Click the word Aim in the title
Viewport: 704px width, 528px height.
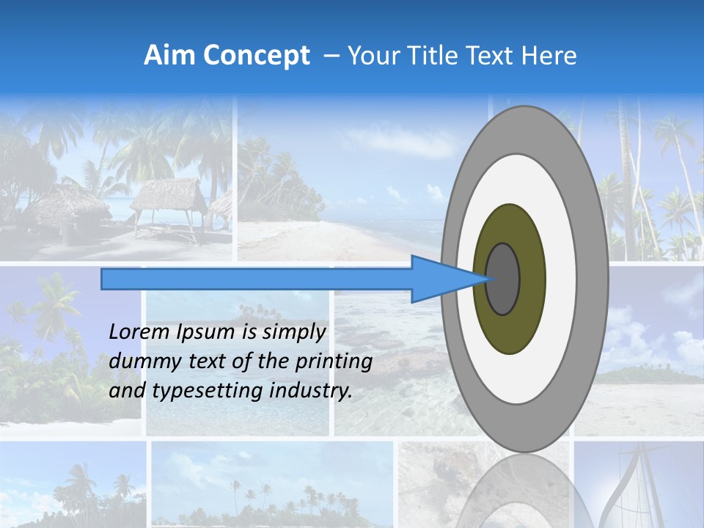coord(169,56)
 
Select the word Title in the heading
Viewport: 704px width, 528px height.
coord(430,56)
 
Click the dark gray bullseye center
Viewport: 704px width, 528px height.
coord(502,279)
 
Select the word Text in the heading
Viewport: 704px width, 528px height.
coord(491,56)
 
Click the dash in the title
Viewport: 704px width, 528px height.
coord(331,56)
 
